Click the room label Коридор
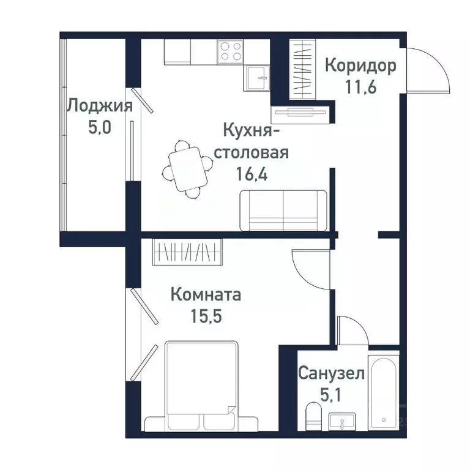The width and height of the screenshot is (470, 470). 360,65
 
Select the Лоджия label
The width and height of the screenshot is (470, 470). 100,106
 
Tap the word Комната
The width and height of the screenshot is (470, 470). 205,295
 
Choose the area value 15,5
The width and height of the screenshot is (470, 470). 205,316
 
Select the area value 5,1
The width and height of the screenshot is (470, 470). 331,392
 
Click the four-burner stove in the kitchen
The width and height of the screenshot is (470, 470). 230,51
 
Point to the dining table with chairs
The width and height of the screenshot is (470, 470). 187,168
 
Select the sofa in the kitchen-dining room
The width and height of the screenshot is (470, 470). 283,210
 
